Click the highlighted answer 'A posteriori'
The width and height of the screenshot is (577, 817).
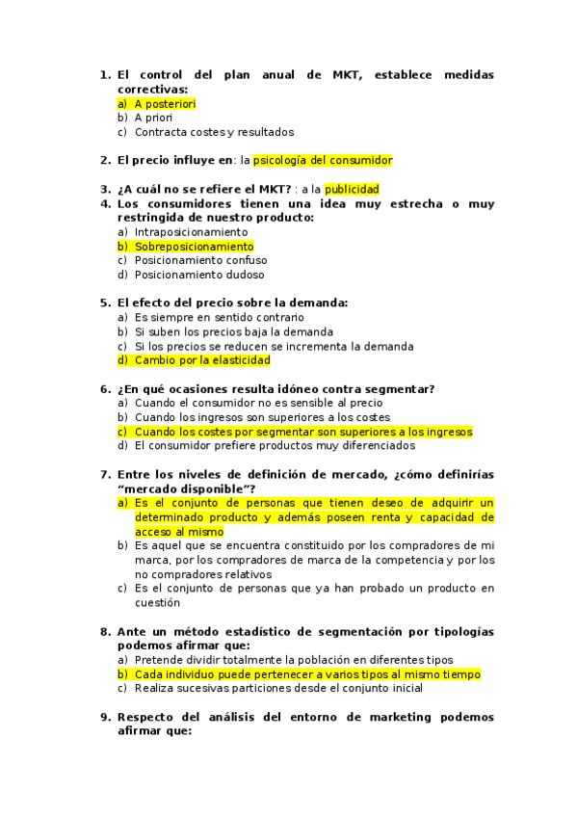coord(165,103)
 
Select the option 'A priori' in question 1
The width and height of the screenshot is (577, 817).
coord(153,118)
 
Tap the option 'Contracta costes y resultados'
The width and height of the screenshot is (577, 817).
coord(214,132)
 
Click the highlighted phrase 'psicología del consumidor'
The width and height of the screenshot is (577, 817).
coord(323,161)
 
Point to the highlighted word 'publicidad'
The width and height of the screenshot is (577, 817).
coord(352,190)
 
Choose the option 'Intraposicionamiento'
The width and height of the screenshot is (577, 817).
coord(191,232)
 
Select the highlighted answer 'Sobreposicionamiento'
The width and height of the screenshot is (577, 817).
coord(194,247)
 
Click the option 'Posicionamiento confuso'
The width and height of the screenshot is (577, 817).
coord(200,260)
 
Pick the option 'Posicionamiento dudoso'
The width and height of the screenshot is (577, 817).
coord(198,275)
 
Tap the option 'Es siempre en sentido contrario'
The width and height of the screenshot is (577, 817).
coord(219,317)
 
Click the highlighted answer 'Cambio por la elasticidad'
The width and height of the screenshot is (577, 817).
coord(202,360)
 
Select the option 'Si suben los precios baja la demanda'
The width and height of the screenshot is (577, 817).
coord(233,331)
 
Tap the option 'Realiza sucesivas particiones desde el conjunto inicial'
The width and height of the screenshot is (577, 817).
coord(278,688)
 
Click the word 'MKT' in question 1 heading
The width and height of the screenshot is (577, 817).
coord(347,75)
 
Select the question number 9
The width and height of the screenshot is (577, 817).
coord(106,717)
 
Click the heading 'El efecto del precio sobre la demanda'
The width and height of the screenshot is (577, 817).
coord(232,303)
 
